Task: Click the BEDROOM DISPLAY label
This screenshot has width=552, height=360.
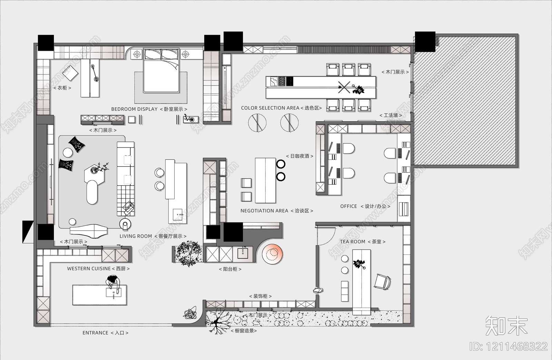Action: pos(134,109)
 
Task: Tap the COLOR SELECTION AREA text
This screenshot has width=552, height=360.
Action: pos(270,108)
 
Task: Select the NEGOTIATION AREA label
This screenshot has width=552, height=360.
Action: pos(264,211)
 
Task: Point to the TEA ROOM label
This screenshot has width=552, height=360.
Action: pos(353,242)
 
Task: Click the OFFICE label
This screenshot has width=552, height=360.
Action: pos(348,206)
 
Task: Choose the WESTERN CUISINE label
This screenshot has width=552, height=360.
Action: pos(89,269)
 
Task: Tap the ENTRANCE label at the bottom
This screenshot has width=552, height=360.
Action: pos(95,333)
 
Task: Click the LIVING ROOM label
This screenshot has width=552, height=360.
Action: pos(136,236)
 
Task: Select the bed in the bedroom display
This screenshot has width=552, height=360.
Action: pos(161,71)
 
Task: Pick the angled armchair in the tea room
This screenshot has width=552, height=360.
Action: pos(382,282)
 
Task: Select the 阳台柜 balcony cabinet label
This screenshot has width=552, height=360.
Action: pos(230,269)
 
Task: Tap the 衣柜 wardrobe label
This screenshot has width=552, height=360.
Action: pos(62,88)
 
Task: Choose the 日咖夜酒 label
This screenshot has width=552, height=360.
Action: pos(300,156)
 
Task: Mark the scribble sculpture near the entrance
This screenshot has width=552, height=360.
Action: pos(190,313)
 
